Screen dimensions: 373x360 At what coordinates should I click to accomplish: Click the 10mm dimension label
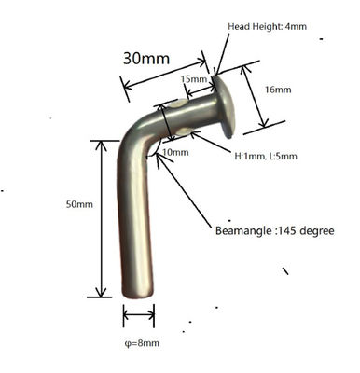[x=174, y=151]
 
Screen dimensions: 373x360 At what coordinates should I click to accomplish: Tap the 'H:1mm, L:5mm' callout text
[x=266, y=155]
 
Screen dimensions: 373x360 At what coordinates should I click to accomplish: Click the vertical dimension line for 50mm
[x=100, y=219]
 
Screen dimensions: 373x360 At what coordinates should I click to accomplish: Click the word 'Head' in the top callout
[x=240, y=28]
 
